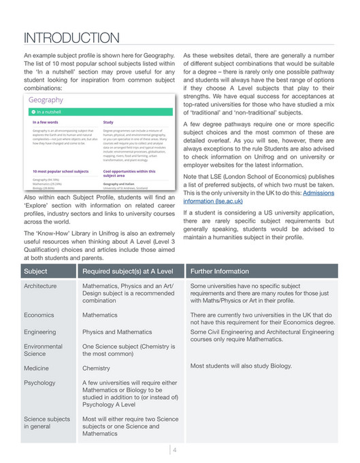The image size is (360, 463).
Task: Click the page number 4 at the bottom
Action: pos(175,449)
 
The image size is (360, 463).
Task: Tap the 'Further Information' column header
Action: pos(220,270)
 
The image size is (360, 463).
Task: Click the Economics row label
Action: pos(39,316)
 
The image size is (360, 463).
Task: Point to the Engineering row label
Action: pos(40,332)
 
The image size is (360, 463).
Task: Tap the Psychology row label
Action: pos(39,383)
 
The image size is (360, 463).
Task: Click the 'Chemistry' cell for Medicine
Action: pos(96,368)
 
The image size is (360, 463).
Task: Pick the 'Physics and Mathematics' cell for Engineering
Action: pos(117,332)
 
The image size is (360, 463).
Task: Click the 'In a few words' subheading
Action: pos(45,123)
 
